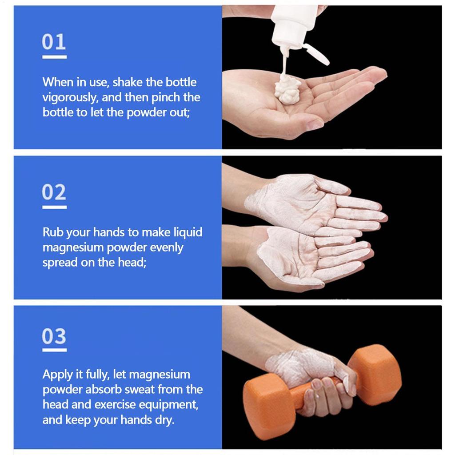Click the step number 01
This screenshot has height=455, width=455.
[x=54, y=42]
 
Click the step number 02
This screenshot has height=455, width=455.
[x=54, y=192]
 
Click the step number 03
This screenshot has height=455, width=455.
[x=54, y=336]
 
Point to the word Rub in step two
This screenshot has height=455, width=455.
[x=52, y=232]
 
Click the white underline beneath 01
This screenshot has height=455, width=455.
[x=54, y=57]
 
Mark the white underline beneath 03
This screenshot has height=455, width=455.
[x=54, y=350]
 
